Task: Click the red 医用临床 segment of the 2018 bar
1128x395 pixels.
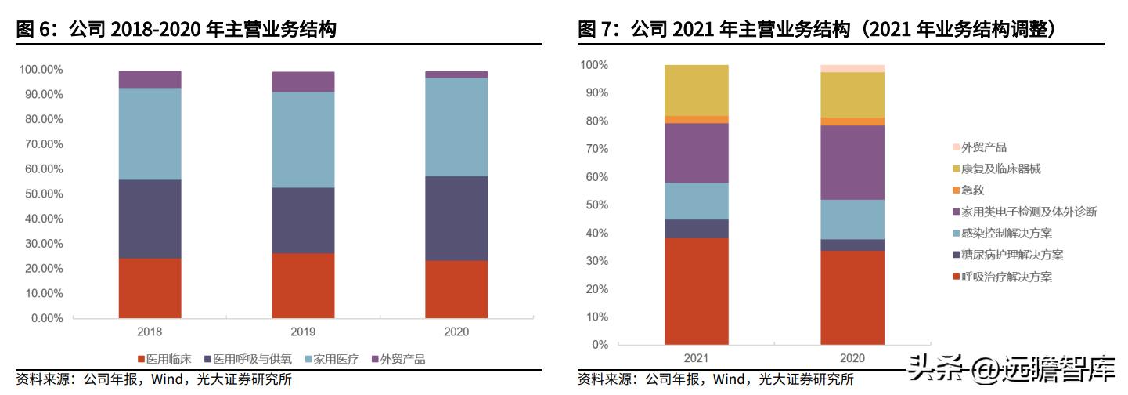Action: coord(150,288)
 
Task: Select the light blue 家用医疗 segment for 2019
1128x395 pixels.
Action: coord(303,140)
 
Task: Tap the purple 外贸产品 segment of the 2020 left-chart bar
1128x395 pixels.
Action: coord(456,74)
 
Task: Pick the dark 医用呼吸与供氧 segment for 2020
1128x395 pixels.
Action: coord(456,218)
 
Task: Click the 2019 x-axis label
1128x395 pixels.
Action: coord(303,332)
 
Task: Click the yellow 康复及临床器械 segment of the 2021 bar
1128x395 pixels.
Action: coord(696,90)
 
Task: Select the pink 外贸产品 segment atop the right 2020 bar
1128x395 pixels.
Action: coord(852,68)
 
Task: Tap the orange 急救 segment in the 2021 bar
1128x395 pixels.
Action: coord(696,119)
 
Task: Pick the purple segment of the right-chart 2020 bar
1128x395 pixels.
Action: coord(852,162)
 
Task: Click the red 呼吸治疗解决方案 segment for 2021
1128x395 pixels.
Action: coord(696,291)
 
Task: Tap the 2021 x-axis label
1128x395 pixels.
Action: coord(696,358)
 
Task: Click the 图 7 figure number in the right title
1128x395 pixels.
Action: coord(596,30)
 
